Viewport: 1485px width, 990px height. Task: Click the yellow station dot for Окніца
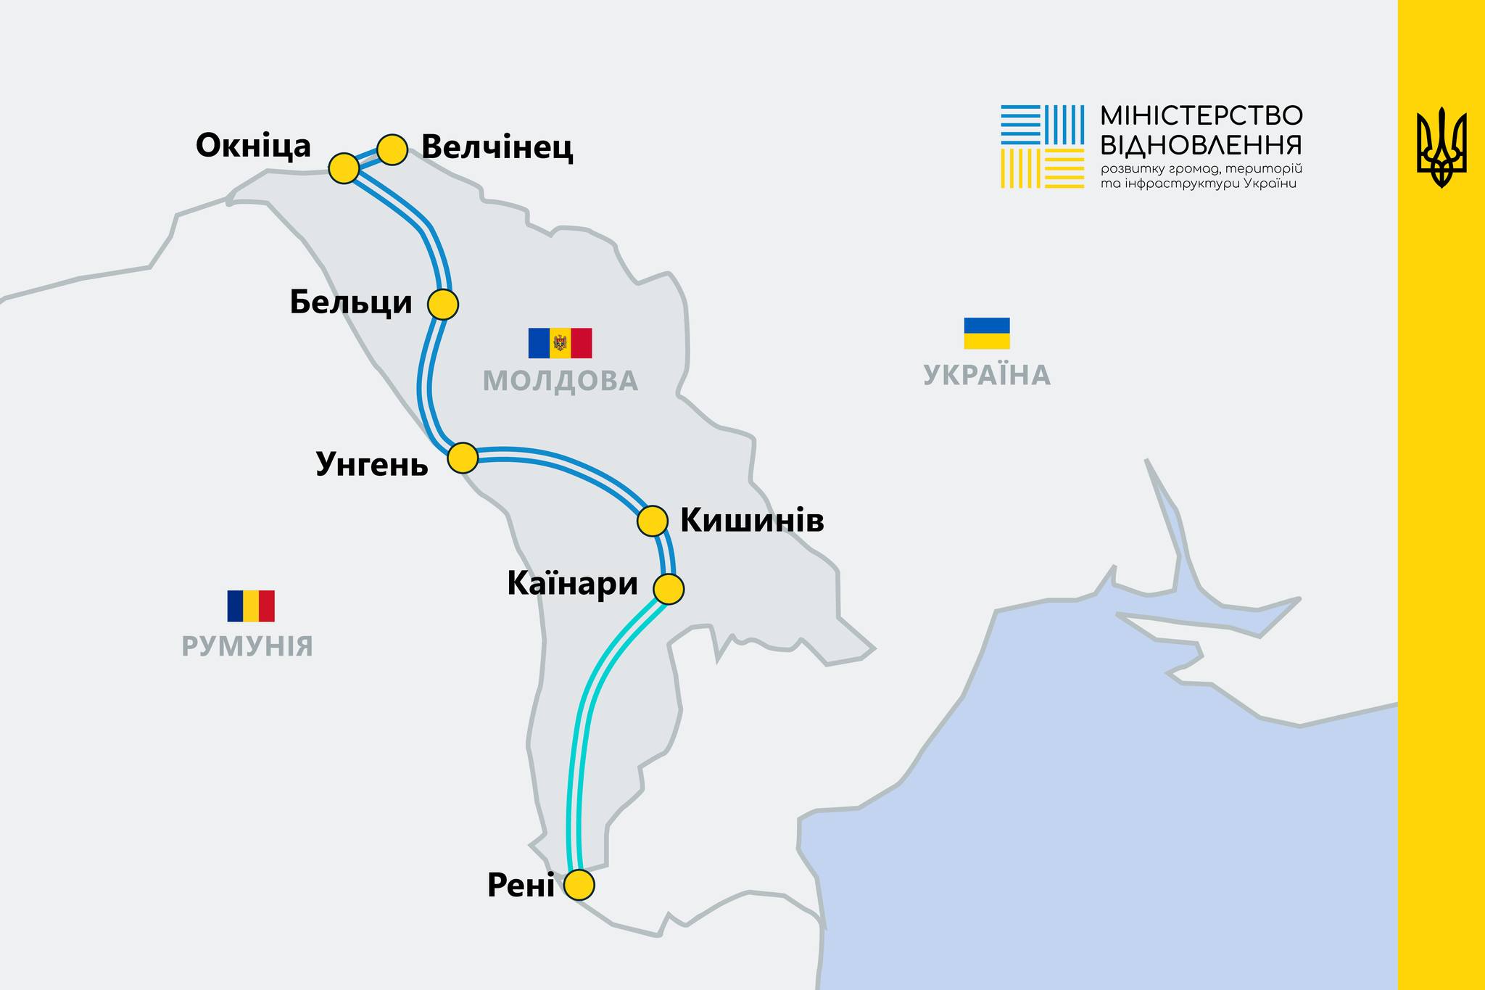click(344, 168)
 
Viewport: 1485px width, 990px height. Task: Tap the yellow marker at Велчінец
click(392, 149)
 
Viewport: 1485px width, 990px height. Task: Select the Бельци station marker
click(443, 304)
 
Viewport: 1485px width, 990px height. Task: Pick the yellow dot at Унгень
click(463, 458)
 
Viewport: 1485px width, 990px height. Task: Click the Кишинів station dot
click(652, 520)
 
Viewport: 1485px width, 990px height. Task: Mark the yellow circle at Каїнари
click(669, 588)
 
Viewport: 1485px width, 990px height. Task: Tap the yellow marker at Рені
click(579, 885)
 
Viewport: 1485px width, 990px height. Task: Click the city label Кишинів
click(752, 521)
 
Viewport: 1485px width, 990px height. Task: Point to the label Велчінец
click(497, 147)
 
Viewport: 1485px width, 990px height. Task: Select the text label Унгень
click(372, 464)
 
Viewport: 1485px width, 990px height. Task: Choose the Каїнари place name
click(572, 584)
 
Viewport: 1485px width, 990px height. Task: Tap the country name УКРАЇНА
click(986, 376)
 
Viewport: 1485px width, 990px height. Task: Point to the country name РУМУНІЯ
click(247, 646)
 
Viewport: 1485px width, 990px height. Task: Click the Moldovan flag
click(560, 343)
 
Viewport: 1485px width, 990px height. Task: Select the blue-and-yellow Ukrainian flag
click(986, 333)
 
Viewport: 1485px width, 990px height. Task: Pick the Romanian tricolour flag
click(251, 606)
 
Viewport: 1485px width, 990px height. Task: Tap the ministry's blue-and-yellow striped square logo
click(1042, 147)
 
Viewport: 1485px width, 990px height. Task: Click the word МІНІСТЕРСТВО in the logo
click(1201, 115)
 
